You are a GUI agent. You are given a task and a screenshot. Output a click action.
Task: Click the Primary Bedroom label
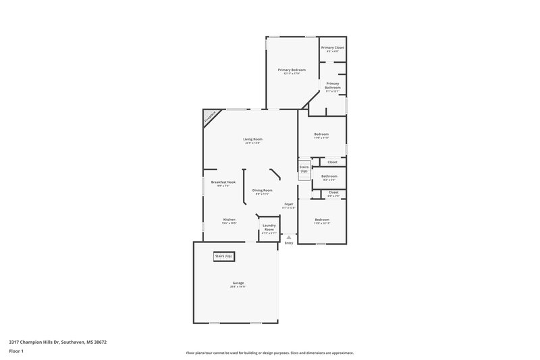(292, 70)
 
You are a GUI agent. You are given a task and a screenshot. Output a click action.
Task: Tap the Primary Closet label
(332, 48)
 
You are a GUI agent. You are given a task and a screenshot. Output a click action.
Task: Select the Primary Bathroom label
(332, 86)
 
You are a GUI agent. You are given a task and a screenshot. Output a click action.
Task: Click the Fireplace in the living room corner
(211, 118)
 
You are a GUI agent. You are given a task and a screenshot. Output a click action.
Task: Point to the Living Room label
(252, 140)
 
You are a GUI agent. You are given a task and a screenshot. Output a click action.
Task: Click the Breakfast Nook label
(223, 182)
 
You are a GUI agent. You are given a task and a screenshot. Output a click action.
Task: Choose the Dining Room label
(263, 190)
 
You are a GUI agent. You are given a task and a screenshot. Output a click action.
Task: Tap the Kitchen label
(230, 220)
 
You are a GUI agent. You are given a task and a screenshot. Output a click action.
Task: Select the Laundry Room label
(269, 228)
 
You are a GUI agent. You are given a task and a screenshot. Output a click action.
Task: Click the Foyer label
(288, 204)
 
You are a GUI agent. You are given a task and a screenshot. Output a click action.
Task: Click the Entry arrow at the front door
(288, 237)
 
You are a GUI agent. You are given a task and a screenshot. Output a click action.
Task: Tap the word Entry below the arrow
(288, 243)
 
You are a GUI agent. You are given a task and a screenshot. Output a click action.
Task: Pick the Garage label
(238, 283)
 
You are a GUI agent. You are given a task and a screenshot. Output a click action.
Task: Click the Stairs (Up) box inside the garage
(223, 257)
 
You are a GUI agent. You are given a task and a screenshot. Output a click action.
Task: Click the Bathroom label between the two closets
(329, 176)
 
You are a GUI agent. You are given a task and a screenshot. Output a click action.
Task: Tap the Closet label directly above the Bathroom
(332, 162)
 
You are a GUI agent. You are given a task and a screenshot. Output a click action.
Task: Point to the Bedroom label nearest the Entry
(321, 220)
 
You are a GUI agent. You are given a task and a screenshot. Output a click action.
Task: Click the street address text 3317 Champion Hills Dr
(57, 342)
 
